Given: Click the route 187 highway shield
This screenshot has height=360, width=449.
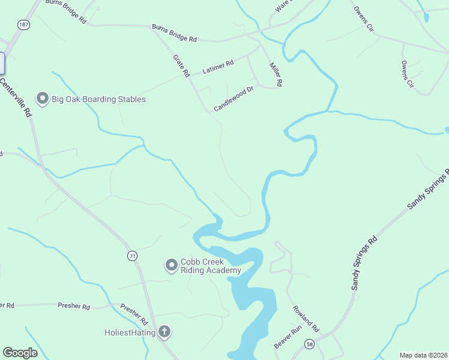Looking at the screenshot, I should coord(23,25).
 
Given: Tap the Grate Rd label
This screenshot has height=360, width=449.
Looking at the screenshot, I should coord(181,65).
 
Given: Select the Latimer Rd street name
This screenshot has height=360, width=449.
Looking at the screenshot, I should coord(218,68).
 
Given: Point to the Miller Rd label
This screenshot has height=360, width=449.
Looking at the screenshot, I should coord(276,74).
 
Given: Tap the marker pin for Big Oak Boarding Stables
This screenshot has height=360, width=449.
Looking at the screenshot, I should coord(42,98).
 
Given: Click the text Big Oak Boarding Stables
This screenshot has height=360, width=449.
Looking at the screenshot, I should coord(98,99).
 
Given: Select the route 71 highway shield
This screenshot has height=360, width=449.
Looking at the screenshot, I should coord(132,256).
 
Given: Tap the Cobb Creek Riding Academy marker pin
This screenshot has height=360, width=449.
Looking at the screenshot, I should coord(172,264).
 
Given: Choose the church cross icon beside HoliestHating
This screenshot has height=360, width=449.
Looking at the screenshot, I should coord(164,332).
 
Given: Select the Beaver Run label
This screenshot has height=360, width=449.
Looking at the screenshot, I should coord(287,338).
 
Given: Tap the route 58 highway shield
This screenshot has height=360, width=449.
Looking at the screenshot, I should coord(309,344).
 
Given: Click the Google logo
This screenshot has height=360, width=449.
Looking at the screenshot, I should coord(20,353).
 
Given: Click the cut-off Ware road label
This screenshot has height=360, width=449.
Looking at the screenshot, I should coord(282,6).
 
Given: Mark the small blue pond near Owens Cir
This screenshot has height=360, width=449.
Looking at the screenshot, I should coord(426,17).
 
